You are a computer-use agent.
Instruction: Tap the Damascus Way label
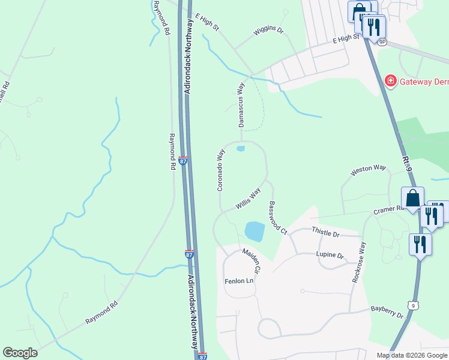pos(241,105)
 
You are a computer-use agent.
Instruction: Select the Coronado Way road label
pos(220,170)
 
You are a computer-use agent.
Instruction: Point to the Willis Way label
pos(248,199)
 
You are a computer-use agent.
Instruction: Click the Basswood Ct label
pos(277,217)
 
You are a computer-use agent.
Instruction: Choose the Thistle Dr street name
pos(326,232)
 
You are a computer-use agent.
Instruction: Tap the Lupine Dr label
pos(330,256)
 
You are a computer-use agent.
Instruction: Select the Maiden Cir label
pos(251,262)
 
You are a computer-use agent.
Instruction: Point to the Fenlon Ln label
pos(240,281)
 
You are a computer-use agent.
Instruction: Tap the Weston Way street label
pos(368,170)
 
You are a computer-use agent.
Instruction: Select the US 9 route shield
pos(412,306)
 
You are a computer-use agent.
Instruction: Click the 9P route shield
pos(383,41)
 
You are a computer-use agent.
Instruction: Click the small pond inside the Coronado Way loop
pos(241,149)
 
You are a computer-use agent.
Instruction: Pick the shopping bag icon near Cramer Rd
pos(413,199)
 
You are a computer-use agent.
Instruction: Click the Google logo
pos(20,353)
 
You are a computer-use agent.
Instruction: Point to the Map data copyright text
pos(411,355)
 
